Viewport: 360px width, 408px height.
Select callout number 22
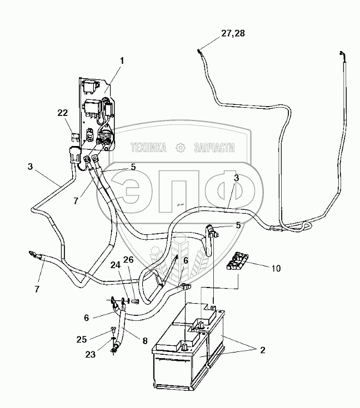pyautogui.click(x=62, y=113)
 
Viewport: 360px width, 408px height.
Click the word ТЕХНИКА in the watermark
pyautogui.click(x=148, y=148)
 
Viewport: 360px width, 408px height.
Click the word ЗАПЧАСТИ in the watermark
pyautogui.click(x=214, y=148)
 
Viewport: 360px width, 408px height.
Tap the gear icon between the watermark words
pyautogui.click(x=180, y=148)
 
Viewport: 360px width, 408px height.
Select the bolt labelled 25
pyautogui.click(x=113, y=329)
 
